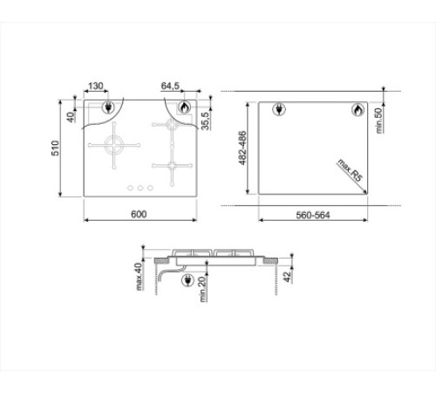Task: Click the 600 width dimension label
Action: point(139,214)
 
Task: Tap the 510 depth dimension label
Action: point(55,148)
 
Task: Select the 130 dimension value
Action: point(96,86)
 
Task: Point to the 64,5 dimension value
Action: point(170,86)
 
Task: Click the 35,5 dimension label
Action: point(205,121)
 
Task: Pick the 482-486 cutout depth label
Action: point(242,148)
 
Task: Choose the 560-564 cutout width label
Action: point(313,216)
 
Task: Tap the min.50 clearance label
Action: point(378,121)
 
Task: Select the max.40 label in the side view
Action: point(140,277)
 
